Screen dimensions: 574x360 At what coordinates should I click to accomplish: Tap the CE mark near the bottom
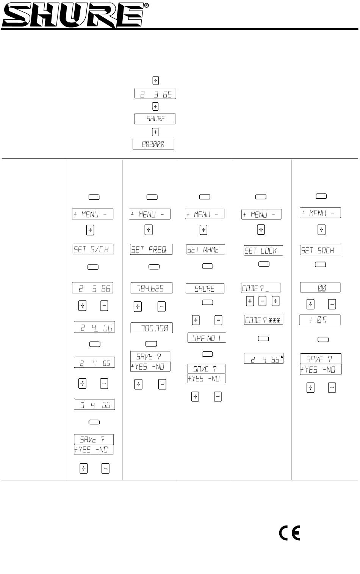tap(290, 533)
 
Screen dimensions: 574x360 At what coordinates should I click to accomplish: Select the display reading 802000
tap(153, 144)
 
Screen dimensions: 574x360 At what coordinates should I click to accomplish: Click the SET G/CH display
tap(93, 249)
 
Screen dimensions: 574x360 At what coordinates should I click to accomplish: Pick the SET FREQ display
tap(151, 249)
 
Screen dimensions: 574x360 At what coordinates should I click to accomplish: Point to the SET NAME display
tap(205, 249)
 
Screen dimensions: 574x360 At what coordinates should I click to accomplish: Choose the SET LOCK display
tap(263, 251)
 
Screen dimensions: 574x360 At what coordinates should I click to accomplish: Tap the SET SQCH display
tap(320, 250)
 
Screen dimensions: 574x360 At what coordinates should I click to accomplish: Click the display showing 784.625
tap(152, 288)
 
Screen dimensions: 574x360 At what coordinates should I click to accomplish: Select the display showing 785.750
tap(152, 328)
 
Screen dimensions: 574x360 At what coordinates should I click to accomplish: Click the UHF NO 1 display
tap(207, 338)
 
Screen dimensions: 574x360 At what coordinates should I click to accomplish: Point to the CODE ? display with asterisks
tap(263, 320)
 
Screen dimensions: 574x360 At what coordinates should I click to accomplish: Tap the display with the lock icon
tap(264, 359)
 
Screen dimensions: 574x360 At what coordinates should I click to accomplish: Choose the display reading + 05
tap(320, 320)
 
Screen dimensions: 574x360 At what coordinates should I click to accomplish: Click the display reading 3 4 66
tap(94, 405)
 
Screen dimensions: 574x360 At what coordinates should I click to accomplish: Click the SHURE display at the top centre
tap(155, 119)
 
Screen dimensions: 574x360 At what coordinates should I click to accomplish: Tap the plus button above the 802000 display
tap(155, 132)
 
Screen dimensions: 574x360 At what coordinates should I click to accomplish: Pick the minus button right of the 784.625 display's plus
tap(161, 306)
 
